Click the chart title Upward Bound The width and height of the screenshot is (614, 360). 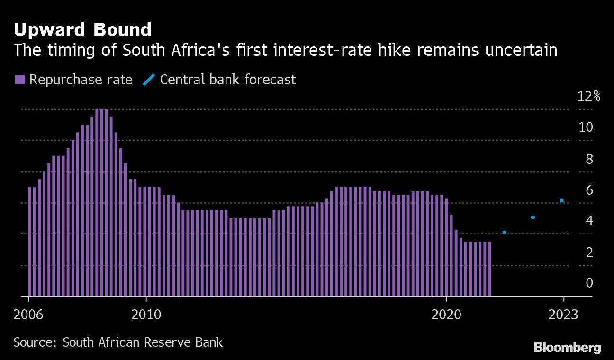tap(82, 30)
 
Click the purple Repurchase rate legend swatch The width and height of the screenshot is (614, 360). tap(19, 80)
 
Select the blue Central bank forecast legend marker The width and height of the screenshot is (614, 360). tap(148, 80)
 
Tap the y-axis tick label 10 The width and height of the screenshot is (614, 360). tap(586, 127)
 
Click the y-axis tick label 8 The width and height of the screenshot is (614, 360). tap(589, 159)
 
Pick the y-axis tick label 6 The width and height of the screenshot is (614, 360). tap(589, 190)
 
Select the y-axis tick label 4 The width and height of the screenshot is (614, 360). tap(589, 221)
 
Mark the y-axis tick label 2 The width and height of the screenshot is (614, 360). tap(589, 252)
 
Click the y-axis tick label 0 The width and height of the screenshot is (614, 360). tap(589, 283)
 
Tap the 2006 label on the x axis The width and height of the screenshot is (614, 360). tap(29, 315)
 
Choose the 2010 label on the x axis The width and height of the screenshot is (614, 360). tap(146, 315)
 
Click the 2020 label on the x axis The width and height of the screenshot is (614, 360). tap(446, 315)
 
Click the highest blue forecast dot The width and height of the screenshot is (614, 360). tap(562, 200)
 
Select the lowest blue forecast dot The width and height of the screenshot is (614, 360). tap(504, 232)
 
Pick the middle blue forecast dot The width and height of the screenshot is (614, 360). tap(533, 217)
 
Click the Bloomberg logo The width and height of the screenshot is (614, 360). tap(567, 348)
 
